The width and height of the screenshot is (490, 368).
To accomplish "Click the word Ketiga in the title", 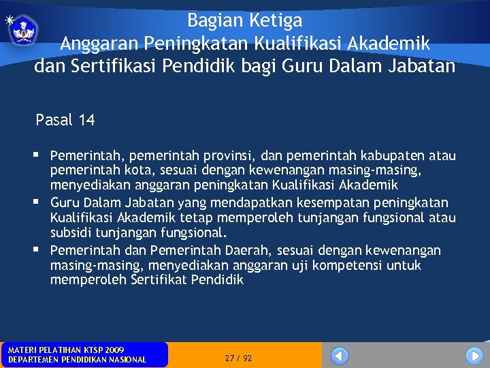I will click(276, 20).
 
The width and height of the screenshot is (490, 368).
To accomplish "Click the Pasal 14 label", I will click(65, 121).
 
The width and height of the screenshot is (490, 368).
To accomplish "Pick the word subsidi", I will click(71, 233).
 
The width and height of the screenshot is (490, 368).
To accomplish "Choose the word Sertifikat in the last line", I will click(157, 280).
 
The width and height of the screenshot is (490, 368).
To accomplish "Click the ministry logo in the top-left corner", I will click(24, 29).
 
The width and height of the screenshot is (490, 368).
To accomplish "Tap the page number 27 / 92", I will click(238, 358).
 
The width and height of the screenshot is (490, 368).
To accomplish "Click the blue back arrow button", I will click(340, 355).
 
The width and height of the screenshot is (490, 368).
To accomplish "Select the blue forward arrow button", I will click(474, 355).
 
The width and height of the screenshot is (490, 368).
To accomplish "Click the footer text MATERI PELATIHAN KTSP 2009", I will click(66, 350).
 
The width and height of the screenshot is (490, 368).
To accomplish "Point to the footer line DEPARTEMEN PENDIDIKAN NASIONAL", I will click(77, 360).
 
